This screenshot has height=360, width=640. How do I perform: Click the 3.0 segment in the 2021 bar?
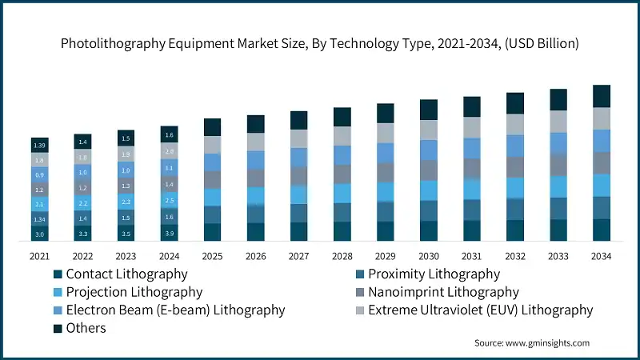40,234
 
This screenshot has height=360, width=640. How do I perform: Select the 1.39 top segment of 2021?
40,144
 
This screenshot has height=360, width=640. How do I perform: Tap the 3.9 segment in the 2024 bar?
169,232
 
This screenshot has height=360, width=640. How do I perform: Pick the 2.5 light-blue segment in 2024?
169,200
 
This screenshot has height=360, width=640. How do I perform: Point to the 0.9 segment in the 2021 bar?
40,174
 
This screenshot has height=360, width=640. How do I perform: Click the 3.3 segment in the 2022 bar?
82,234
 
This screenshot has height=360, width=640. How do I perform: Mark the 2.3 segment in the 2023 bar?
126,202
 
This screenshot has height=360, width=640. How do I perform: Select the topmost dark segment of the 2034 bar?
602,96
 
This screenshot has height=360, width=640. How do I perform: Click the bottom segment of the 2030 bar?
429,230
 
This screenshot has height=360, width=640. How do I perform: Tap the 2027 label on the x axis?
298,256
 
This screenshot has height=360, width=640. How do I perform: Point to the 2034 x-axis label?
602,256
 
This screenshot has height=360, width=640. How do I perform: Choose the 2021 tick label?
40,256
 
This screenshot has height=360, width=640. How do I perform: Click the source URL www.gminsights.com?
547,342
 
